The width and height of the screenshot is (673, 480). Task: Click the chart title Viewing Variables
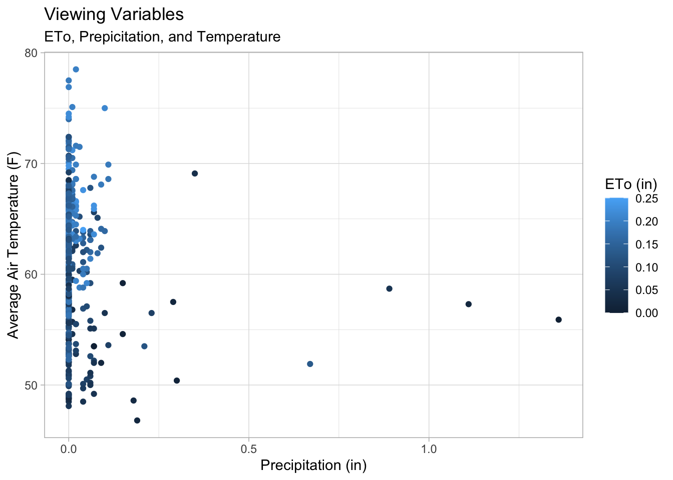pyautogui.click(x=114, y=14)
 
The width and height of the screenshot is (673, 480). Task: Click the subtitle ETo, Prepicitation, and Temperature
pyautogui.click(x=162, y=37)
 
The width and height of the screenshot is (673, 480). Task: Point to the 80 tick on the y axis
pyautogui.click(x=32, y=52)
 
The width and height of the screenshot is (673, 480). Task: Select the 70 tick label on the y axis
pyautogui.click(x=32, y=163)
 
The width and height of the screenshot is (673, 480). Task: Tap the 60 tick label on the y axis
pyautogui.click(x=32, y=274)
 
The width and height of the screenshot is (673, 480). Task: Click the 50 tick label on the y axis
pyautogui.click(x=32, y=385)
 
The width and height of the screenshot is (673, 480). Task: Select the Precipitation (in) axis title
pyautogui.click(x=313, y=465)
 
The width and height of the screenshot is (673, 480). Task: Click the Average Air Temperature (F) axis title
pyautogui.click(x=14, y=245)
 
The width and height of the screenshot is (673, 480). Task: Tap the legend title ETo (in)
pyautogui.click(x=630, y=184)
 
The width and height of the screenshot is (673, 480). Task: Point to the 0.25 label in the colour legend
pyautogui.click(x=646, y=198)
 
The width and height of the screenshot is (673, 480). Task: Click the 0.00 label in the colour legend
pyautogui.click(x=646, y=313)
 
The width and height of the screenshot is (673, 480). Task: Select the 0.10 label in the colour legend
pyautogui.click(x=646, y=267)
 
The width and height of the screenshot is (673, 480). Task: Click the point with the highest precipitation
pyautogui.click(x=559, y=319)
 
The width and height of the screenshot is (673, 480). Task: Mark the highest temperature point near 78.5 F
pyautogui.click(x=76, y=69)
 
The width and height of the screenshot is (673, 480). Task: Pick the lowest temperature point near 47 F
pyautogui.click(x=137, y=420)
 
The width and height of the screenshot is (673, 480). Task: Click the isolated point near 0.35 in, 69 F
pyautogui.click(x=195, y=173)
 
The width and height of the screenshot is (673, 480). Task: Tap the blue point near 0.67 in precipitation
pyautogui.click(x=310, y=364)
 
